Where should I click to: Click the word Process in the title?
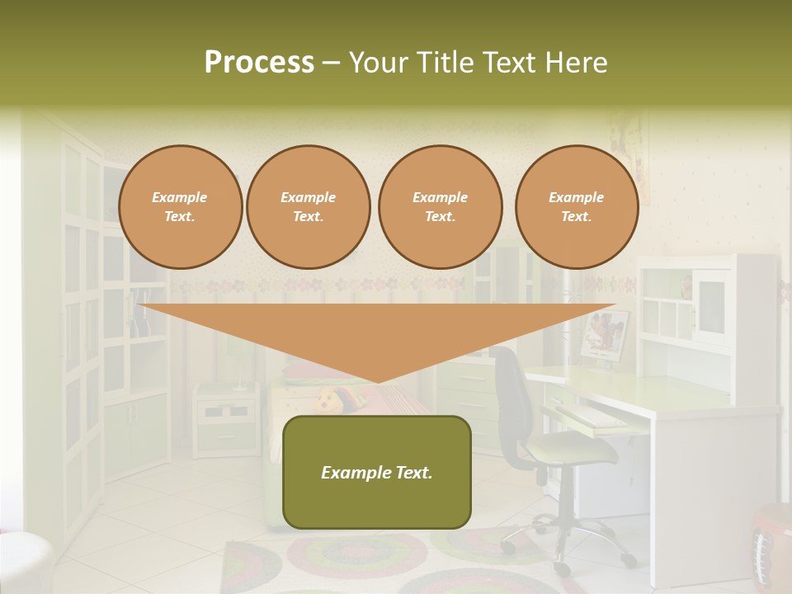click(259, 63)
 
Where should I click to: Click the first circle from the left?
click(180, 207)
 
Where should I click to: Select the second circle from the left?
click(309, 207)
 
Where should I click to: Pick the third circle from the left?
click(440, 207)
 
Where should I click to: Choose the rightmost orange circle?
click(576, 207)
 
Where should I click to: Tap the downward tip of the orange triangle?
click(378, 379)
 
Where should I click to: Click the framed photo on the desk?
click(606, 335)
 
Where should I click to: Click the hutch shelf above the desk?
click(705, 305)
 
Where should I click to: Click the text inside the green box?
click(376, 473)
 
